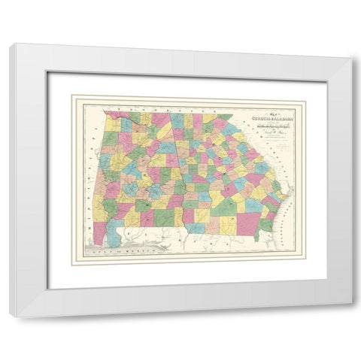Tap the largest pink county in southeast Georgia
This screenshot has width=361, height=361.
(x=247, y=223)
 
